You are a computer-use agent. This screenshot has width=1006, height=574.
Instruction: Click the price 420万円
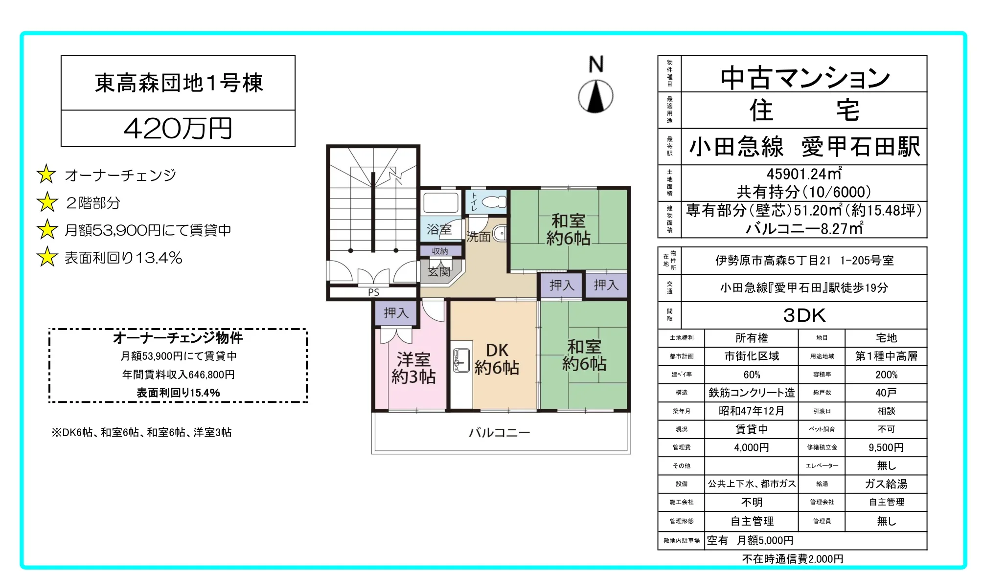[x=178, y=129]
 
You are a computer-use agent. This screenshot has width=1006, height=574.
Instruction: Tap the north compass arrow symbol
[x=595, y=96]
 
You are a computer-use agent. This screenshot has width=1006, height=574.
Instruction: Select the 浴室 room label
[x=439, y=229]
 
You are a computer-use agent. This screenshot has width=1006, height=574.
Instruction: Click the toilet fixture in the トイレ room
[x=495, y=201]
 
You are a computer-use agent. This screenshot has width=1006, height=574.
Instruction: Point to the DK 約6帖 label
[x=497, y=359]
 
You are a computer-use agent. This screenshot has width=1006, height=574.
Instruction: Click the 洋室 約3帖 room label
[x=413, y=368]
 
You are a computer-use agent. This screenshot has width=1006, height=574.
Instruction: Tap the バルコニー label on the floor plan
[x=499, y=433]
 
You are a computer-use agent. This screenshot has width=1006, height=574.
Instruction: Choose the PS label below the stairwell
[x=373, y=292]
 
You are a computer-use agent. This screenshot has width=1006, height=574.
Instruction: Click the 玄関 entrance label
[x=439, y=271]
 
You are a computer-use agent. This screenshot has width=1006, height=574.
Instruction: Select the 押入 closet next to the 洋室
[x=395, y=313]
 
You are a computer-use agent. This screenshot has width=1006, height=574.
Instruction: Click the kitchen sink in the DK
[x=460, y=360]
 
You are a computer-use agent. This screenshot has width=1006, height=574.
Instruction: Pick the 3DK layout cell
[x=804, y=315]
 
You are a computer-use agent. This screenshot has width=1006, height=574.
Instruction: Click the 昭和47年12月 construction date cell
[x=751, y=411]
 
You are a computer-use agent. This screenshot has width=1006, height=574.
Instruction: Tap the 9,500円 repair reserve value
[x=886, y=447]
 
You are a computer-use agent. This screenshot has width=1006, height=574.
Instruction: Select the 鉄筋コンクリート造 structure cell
[x=751, y=393]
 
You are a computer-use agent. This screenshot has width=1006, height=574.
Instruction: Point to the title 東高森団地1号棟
[x=179, y=83]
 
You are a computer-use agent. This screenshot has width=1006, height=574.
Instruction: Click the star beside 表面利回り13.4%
[x=47, y=257]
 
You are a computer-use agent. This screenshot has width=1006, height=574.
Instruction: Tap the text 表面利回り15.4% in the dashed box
[x=178, y=393]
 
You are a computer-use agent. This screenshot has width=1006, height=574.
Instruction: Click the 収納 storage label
[x=440, y=251]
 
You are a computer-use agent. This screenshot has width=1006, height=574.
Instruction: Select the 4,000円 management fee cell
[x=751, y=447]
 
